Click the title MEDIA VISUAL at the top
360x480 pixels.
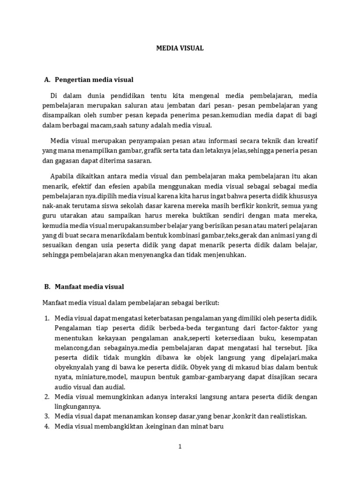coord(180,48)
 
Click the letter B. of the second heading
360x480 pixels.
coord(47,286)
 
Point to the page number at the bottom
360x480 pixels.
coord(180,447)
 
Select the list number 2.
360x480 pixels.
coord(47,397)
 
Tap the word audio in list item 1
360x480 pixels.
coord(63,387)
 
